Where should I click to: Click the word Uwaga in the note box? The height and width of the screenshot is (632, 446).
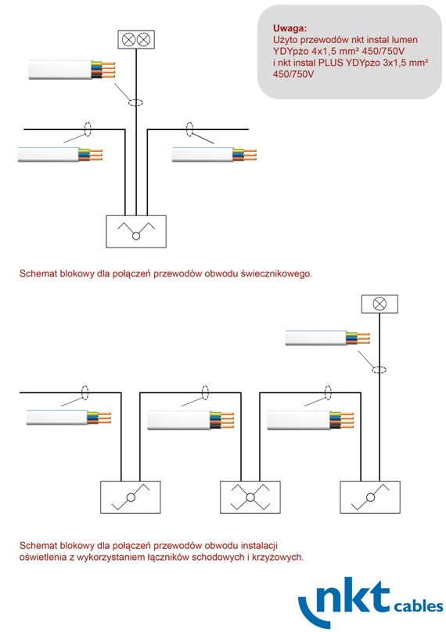tap(290, 28)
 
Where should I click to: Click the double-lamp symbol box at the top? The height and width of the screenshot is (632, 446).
tap(136, 39)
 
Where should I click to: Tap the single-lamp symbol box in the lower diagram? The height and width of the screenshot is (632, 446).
tap(379, 304)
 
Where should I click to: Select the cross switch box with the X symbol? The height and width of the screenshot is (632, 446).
tap(250, 497)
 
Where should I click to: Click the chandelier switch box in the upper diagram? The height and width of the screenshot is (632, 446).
tap(136, 231)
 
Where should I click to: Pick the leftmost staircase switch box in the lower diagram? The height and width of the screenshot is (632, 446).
tap(131, 497)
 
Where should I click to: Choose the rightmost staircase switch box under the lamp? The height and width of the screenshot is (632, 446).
tap(370, 497)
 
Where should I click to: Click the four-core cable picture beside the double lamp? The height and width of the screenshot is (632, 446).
tap(72, 70)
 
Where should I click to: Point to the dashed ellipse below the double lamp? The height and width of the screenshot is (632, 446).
tap(135, 103)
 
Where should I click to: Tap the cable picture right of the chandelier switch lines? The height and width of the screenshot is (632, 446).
tap(214, 155)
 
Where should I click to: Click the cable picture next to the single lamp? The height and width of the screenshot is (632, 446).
tap(327, 338)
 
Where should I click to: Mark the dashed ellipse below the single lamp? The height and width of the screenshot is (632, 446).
tap(379, 369)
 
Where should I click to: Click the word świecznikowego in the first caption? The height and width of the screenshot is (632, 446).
tap(276, 273)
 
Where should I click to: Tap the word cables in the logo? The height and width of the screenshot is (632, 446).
tap(419, 606)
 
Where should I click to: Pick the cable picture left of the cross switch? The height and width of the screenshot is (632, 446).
tap(190, 420)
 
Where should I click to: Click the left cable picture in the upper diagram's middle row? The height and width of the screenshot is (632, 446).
tap(60, 155)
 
